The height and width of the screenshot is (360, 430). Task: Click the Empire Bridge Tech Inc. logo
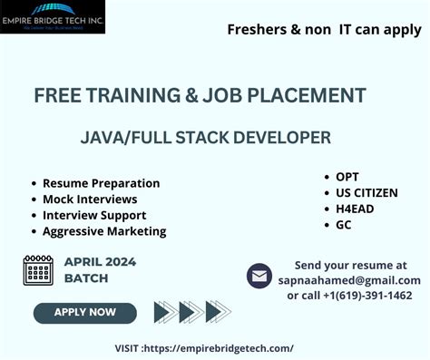pos(53,17)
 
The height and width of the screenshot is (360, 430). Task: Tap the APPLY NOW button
pos(85,312)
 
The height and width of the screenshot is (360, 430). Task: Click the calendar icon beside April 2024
pos(38,270)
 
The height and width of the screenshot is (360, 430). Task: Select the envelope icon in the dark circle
pos(259,275)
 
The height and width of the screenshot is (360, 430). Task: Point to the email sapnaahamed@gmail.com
pos(349,280)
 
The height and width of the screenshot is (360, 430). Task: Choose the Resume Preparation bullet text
pos(101,183)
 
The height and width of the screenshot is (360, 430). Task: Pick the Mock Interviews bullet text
pos(90,199)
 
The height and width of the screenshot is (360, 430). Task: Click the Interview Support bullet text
pos(94,215)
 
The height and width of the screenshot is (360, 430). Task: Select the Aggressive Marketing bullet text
pos(104,231)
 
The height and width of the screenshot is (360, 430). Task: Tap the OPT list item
pos(347,177)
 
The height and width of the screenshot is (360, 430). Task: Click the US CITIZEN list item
pos(366,193)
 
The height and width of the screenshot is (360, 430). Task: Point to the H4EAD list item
pos(355,209)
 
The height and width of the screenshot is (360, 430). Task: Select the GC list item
pos(344,225)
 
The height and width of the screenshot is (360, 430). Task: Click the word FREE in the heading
pos(58,95)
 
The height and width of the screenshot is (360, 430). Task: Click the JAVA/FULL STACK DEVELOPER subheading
pos(206,138)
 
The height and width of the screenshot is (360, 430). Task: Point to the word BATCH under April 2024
pos(86,278)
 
